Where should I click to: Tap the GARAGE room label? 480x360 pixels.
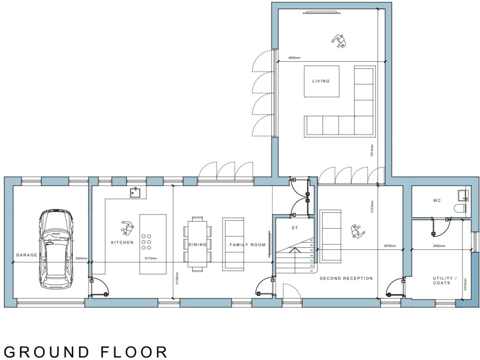(x=27, y=255)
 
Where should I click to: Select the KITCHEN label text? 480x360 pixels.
(x=122, y=242)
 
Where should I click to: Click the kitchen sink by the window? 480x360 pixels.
(x=135, y=192)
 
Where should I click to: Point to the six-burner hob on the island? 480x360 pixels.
(x=146, y=242)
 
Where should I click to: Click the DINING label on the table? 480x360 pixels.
(x=197, y=245)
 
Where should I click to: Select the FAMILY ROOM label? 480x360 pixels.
(x=247, y=245)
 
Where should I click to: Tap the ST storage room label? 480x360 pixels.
(x=295, y=228)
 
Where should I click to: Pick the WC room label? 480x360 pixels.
(x=437, y=201)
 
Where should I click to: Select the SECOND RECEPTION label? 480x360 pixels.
(x=346, y=278)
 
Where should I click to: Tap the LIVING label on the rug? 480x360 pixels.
(x=321, y=81)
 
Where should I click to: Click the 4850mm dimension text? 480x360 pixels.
(x=294, y=58)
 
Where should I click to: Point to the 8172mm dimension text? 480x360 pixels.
(x=151, y=258)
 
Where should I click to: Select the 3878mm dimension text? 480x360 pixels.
(x=390, y=246)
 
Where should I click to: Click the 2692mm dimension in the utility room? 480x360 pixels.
(x=439, y=246)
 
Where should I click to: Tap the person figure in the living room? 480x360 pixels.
(x=339, y=41)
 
